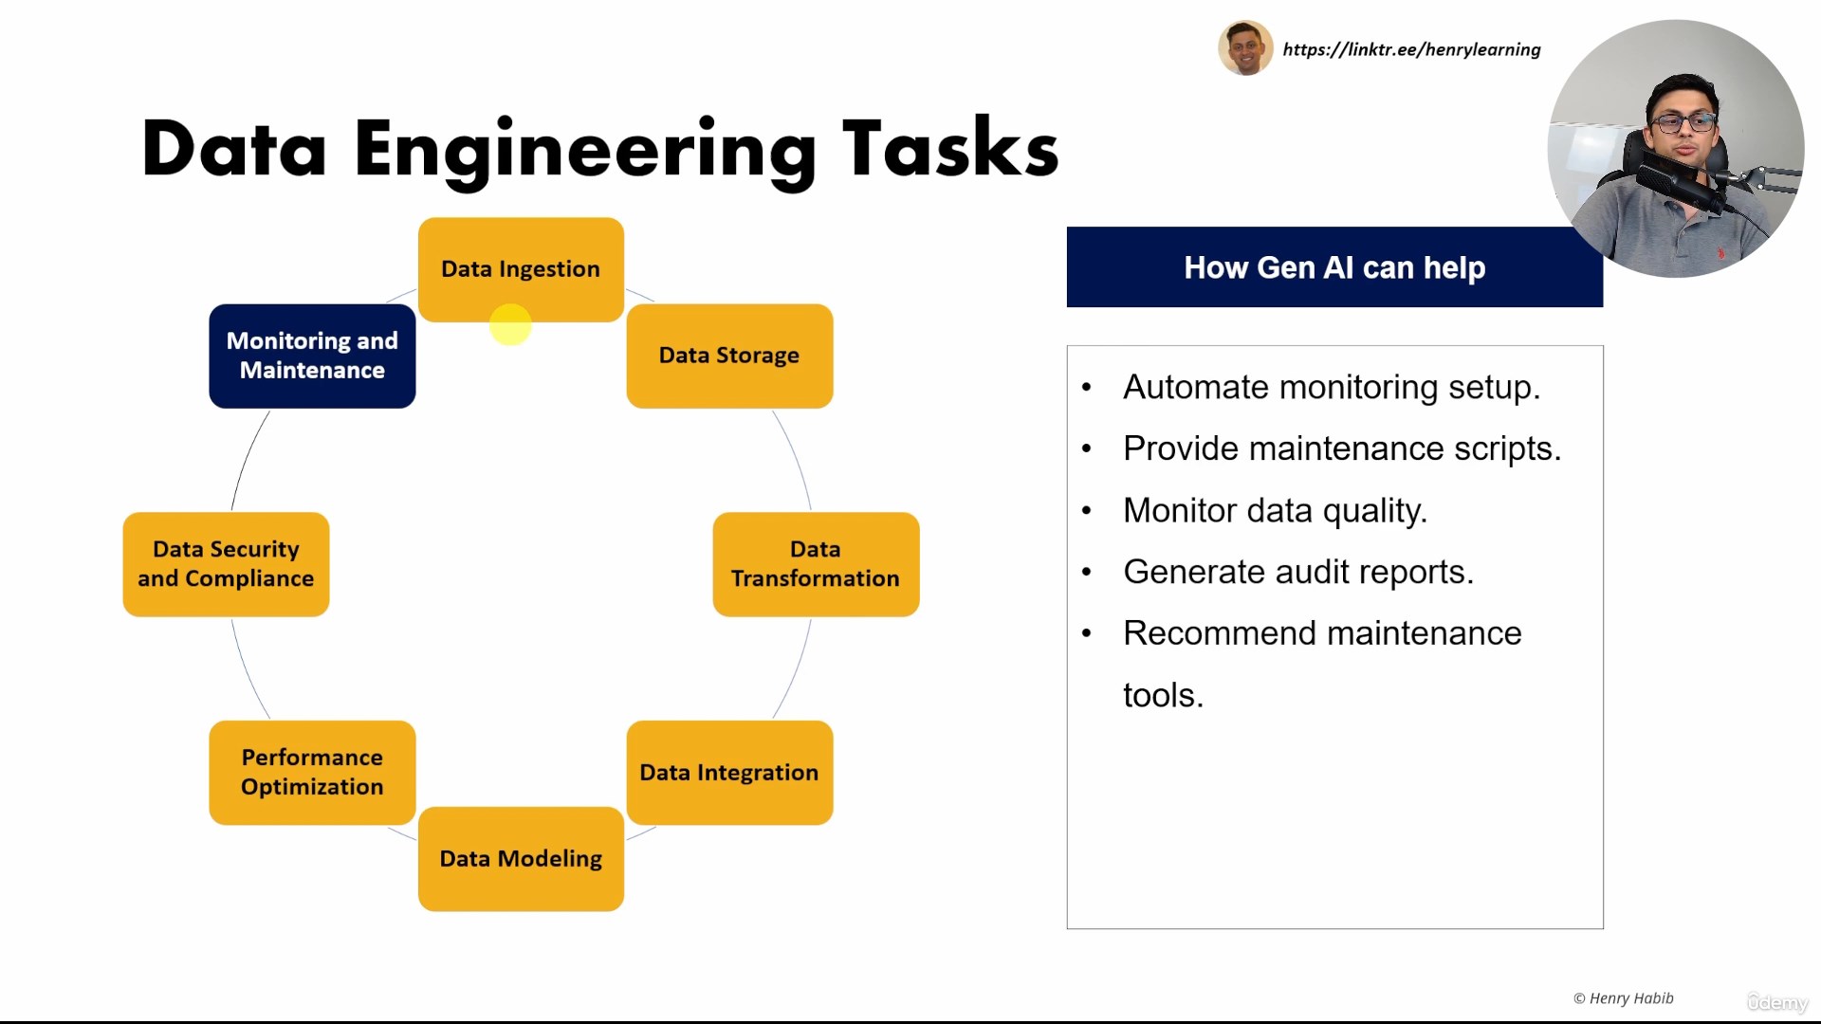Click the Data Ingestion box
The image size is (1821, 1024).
click(521, 269)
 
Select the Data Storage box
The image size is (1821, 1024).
click(729, 356)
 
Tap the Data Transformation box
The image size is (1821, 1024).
click(816, 564)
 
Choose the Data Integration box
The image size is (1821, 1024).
click(729, 773)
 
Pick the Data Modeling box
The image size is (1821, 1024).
click(521, 859)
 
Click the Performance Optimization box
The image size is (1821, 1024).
click(312, 773)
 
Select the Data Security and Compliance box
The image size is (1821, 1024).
click(226, 564)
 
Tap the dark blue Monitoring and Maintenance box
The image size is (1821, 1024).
click(312, 356)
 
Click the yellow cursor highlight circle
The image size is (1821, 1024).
click(510, 324)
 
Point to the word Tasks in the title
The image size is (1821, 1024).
click(950, 149)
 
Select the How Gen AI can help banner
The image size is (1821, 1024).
click(1334, 267)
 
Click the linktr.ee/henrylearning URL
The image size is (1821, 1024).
click(1411, 49)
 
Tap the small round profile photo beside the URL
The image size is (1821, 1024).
click(1245, 48)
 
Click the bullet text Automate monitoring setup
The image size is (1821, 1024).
click(1332, 388)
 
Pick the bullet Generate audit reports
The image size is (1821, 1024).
click(1298, 573)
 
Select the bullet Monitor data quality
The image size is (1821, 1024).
click(1276, 511)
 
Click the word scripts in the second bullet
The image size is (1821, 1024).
click(1507, 449)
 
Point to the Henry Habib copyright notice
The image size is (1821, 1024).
click(1623, 998)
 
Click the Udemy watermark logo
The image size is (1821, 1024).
click(1777, 1002)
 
